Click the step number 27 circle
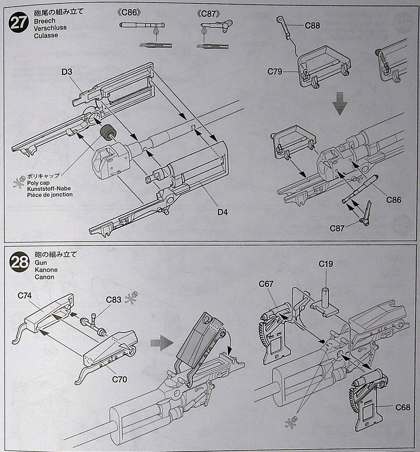tap(19, 23)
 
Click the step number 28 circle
tap(20, 262)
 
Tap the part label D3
tap(66, 72)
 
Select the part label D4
tap(222, 212)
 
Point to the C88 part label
tap(312, 26)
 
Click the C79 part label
tap(275, 72)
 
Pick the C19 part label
tap(326, 264)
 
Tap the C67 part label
tap(266, 284)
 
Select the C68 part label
tap(402, 407)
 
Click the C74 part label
tap(25, 295)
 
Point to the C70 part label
tap(120, 379)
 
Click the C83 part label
tap(113, 300)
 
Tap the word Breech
tap(45, 21)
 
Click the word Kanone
tap(46, 270)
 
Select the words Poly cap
tap(38, 183)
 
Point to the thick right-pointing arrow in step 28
tap(162, 343)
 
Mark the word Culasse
tap(46, 36)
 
